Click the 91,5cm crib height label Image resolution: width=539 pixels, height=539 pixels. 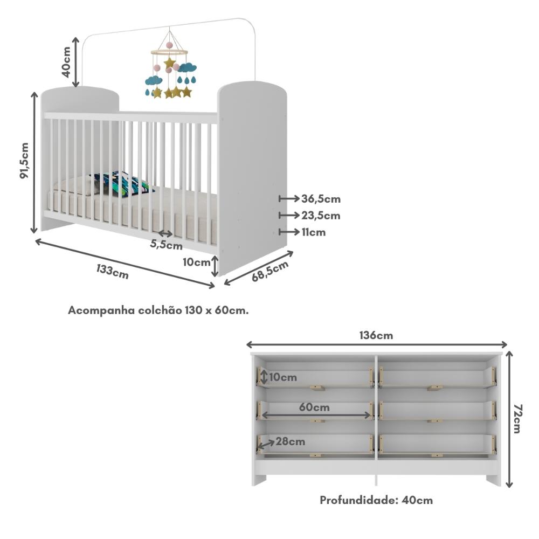[x=24, y=161]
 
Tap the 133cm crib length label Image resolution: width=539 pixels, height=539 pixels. [x=113, y=270]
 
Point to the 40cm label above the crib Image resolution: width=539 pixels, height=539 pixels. [x=66, y=61]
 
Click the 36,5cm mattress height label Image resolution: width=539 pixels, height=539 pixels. [x=321, y=199]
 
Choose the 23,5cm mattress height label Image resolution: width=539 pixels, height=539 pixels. [x=321, y=216]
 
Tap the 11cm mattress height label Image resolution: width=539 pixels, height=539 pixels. [x=314, y=232]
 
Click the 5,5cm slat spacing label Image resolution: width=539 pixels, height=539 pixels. [x=166, y=245]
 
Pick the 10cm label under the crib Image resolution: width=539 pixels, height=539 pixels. [x=196, y=262]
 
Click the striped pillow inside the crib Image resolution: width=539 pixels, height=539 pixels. [x=121, y=184]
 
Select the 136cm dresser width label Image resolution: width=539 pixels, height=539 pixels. [x=376, y=335]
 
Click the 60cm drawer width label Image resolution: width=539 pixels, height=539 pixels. [x=314, y=407]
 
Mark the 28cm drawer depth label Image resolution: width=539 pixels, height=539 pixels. [x=290, y=441]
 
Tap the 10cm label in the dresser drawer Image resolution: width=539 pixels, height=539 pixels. [x=282, y=377]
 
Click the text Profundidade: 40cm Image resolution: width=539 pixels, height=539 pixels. [x=376, y=500]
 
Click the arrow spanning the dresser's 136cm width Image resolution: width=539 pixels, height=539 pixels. [x=377, y=345]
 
